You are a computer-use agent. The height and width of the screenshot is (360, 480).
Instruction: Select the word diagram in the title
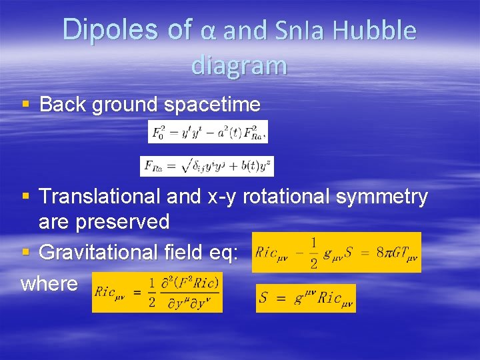coord(239,65)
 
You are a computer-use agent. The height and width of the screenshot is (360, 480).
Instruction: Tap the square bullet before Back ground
coord(26,105)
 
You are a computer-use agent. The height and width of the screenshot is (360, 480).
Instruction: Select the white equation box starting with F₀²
coord(207,131)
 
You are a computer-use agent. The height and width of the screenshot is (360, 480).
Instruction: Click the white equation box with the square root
coord(207,166)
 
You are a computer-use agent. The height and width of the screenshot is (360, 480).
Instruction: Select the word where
coord(49,283)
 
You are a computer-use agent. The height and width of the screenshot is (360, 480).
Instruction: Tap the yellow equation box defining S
coord(305,298)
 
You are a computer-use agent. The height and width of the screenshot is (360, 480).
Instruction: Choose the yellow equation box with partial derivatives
coord(157,292)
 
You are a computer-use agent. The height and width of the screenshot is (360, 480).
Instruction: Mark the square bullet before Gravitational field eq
coord(26,253)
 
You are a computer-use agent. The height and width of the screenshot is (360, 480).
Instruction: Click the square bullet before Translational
coord(26,197)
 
